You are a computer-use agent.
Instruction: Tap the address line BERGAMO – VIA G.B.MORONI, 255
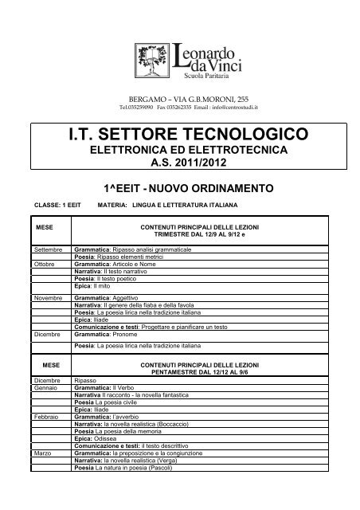179,96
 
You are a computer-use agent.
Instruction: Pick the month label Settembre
49,250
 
